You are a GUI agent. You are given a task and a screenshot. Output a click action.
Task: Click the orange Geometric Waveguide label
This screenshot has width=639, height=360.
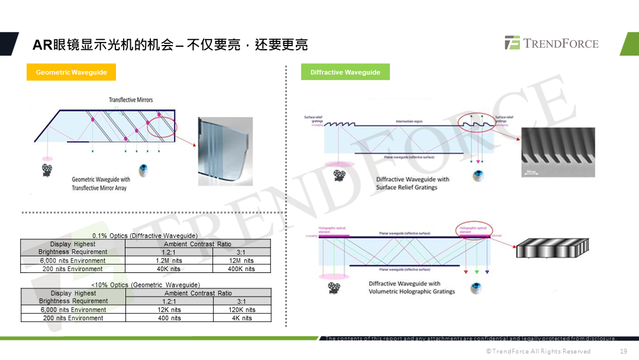coord(71,72)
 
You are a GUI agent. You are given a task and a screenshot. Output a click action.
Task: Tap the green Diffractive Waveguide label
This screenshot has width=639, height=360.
coord(346,72)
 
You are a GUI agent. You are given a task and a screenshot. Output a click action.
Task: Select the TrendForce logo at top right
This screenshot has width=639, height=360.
coord(551,43)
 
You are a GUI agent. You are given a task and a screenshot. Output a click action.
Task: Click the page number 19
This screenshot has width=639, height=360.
coord(623,351)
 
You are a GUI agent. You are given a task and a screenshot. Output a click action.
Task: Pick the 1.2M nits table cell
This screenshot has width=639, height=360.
coord(169,261)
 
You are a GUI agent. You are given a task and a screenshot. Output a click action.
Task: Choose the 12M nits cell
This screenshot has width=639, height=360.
coord(241,261)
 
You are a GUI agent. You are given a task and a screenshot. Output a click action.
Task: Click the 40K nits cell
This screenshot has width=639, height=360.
coord(169,269)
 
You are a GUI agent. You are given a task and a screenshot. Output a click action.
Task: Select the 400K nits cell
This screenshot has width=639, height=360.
coord(241,269)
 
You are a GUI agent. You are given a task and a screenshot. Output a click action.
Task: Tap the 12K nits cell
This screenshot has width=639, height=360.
coord(169,310)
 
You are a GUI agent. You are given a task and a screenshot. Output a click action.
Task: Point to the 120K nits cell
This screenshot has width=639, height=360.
coord(242,310)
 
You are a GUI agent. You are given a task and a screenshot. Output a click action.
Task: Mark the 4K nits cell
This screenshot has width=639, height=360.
coord(242,318)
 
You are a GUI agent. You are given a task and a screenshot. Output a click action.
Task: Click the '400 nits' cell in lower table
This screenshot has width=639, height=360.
coord(169,318)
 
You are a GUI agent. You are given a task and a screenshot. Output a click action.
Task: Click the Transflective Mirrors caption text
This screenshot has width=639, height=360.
coord(131,100)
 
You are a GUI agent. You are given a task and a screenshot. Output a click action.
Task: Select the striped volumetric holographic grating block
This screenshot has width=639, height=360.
coord(553,249)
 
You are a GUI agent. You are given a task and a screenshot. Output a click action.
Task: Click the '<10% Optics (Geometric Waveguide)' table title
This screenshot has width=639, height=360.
coord(146,285)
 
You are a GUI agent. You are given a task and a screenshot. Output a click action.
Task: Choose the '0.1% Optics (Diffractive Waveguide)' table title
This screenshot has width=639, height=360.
coord(145,236)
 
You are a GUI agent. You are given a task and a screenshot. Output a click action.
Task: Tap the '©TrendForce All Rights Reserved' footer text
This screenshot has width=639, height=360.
coord(538,351)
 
